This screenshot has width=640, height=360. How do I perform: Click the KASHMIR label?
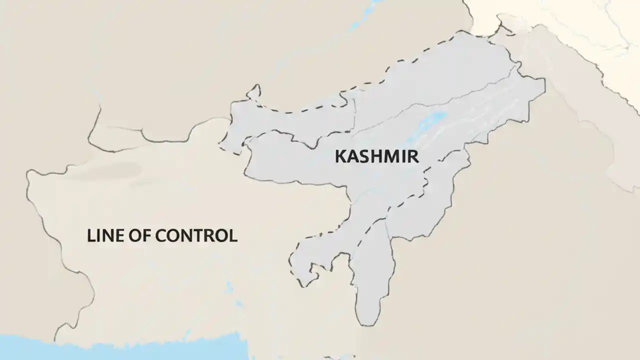tap(376, 156)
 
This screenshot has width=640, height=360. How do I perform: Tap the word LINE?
tap(104, 235)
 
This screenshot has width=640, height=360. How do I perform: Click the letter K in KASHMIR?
tap(339, 156)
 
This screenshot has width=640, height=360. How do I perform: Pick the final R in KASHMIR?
tap(413, 156)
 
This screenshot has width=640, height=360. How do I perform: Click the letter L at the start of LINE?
tap(91, 235)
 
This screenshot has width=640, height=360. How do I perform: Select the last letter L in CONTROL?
tap(233, 235)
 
